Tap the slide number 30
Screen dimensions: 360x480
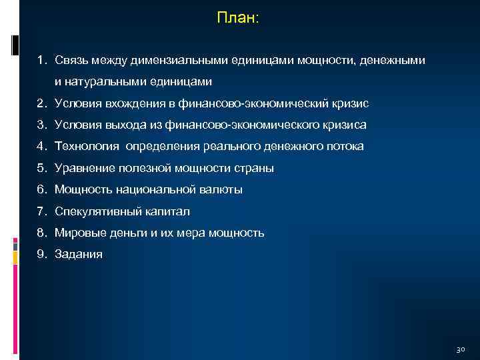[460, 349]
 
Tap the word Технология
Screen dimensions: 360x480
[86, 147]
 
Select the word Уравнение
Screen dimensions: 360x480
[82, 169]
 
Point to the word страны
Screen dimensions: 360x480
[254, 169]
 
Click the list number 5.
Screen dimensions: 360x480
[41, 169]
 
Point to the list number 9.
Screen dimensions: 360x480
[41, 255]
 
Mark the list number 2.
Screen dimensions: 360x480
[41, 104]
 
